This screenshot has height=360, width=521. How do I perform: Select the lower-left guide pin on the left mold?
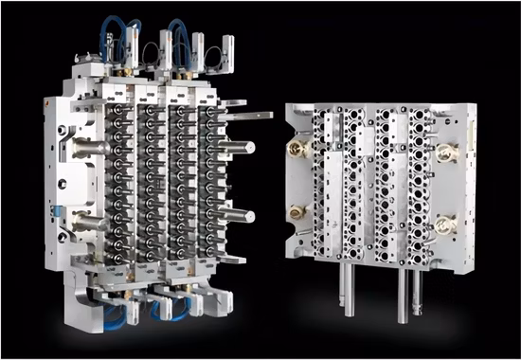[87, 223]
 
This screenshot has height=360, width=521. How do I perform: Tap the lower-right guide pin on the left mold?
[239, 216]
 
